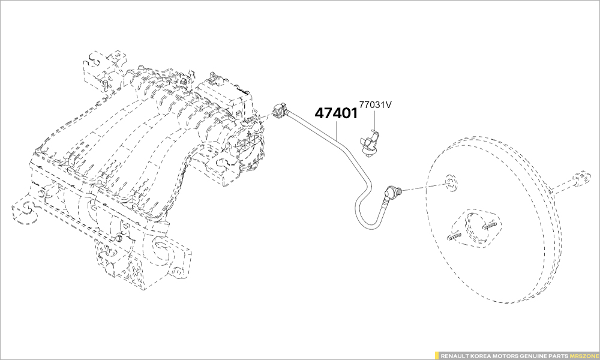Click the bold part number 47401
pyautogui.click(x=336, y=113)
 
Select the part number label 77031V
pyautogui.click(x=375, y=104)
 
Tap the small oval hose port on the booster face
pyautogui.click(x=450, y=183)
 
